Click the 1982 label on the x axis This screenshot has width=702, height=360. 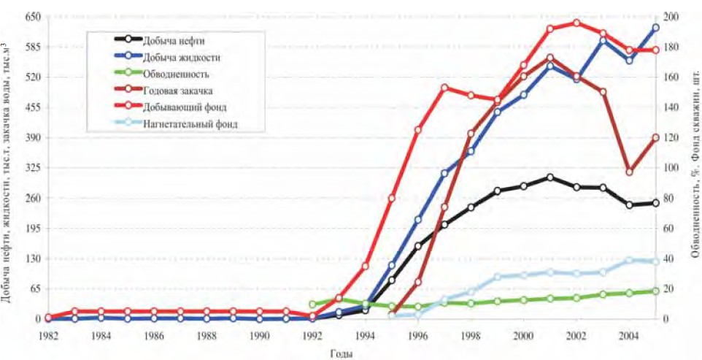48,334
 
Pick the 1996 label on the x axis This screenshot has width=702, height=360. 417,334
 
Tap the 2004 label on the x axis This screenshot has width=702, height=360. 628,334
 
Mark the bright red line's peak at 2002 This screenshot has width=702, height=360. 576,23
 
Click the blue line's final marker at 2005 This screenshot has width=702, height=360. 655,28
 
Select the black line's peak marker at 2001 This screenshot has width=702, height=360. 549,177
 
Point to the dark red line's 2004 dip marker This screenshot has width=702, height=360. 629,172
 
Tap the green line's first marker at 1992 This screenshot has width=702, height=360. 312,305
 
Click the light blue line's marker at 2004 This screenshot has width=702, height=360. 629,260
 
